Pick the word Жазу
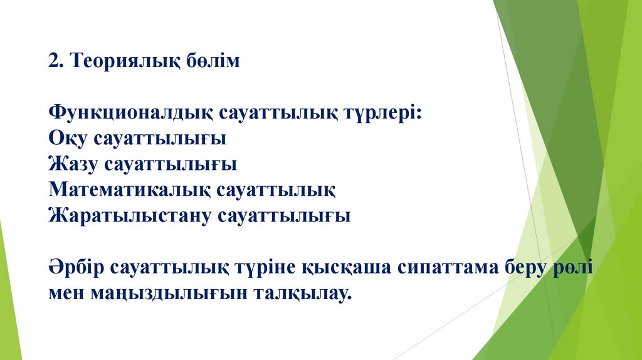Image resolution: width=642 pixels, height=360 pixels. click(73, 165)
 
